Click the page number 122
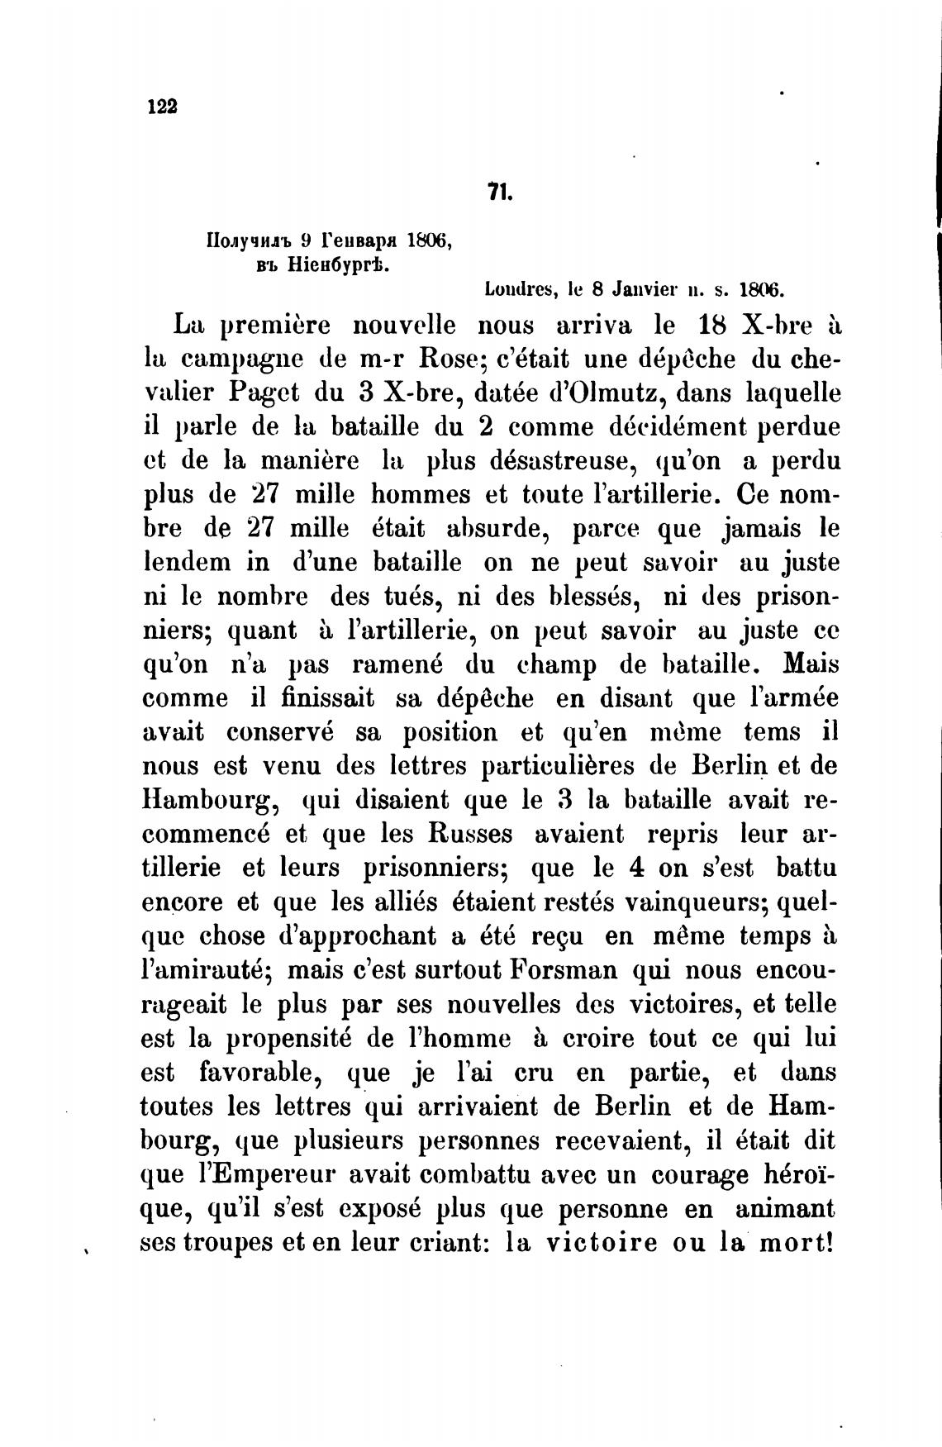162,107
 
